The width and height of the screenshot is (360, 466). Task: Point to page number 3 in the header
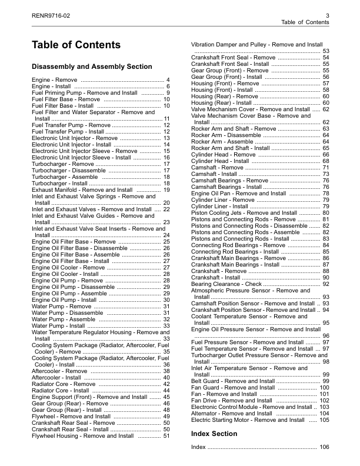pyautogui.click(x=326, y=14)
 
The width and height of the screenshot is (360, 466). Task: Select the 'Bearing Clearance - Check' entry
pyautogui.click(x=226, y=284)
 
